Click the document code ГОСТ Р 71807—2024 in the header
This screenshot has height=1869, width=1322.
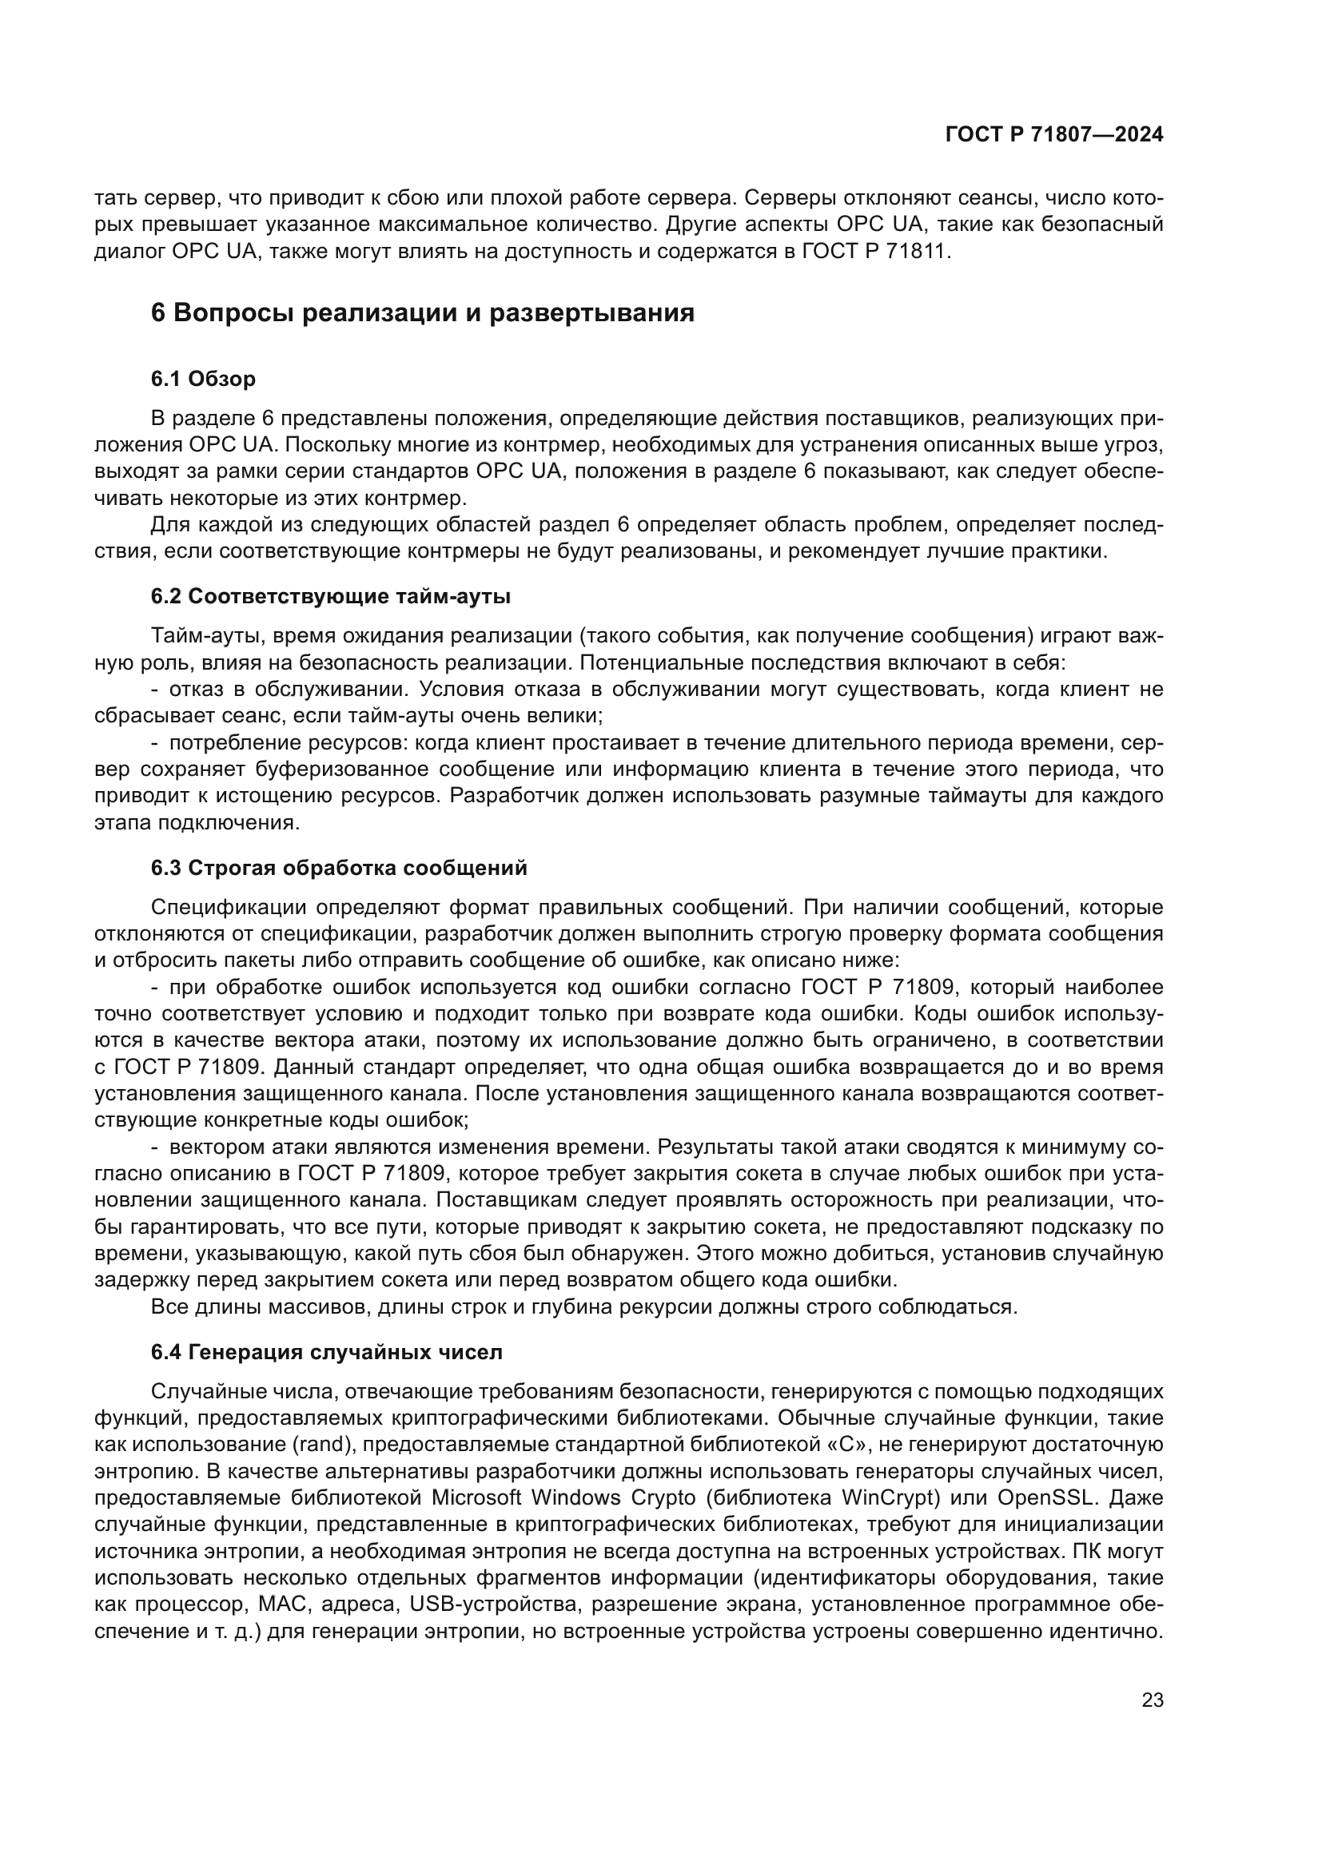[x=1053, y=135]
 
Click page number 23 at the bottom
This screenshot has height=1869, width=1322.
[x=1152, y=1700]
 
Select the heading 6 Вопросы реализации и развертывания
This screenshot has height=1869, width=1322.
[x=423, y=312]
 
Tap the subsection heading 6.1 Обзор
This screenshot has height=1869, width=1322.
[x=203, y=379]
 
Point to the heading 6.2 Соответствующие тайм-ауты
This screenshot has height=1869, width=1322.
[x=331, y=596]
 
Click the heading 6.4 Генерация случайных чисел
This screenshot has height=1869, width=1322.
[x=326, y=1352]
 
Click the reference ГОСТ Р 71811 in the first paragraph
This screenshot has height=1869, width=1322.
[x=875, y=251]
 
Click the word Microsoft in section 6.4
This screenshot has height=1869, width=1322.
[x=476, y=1497]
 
